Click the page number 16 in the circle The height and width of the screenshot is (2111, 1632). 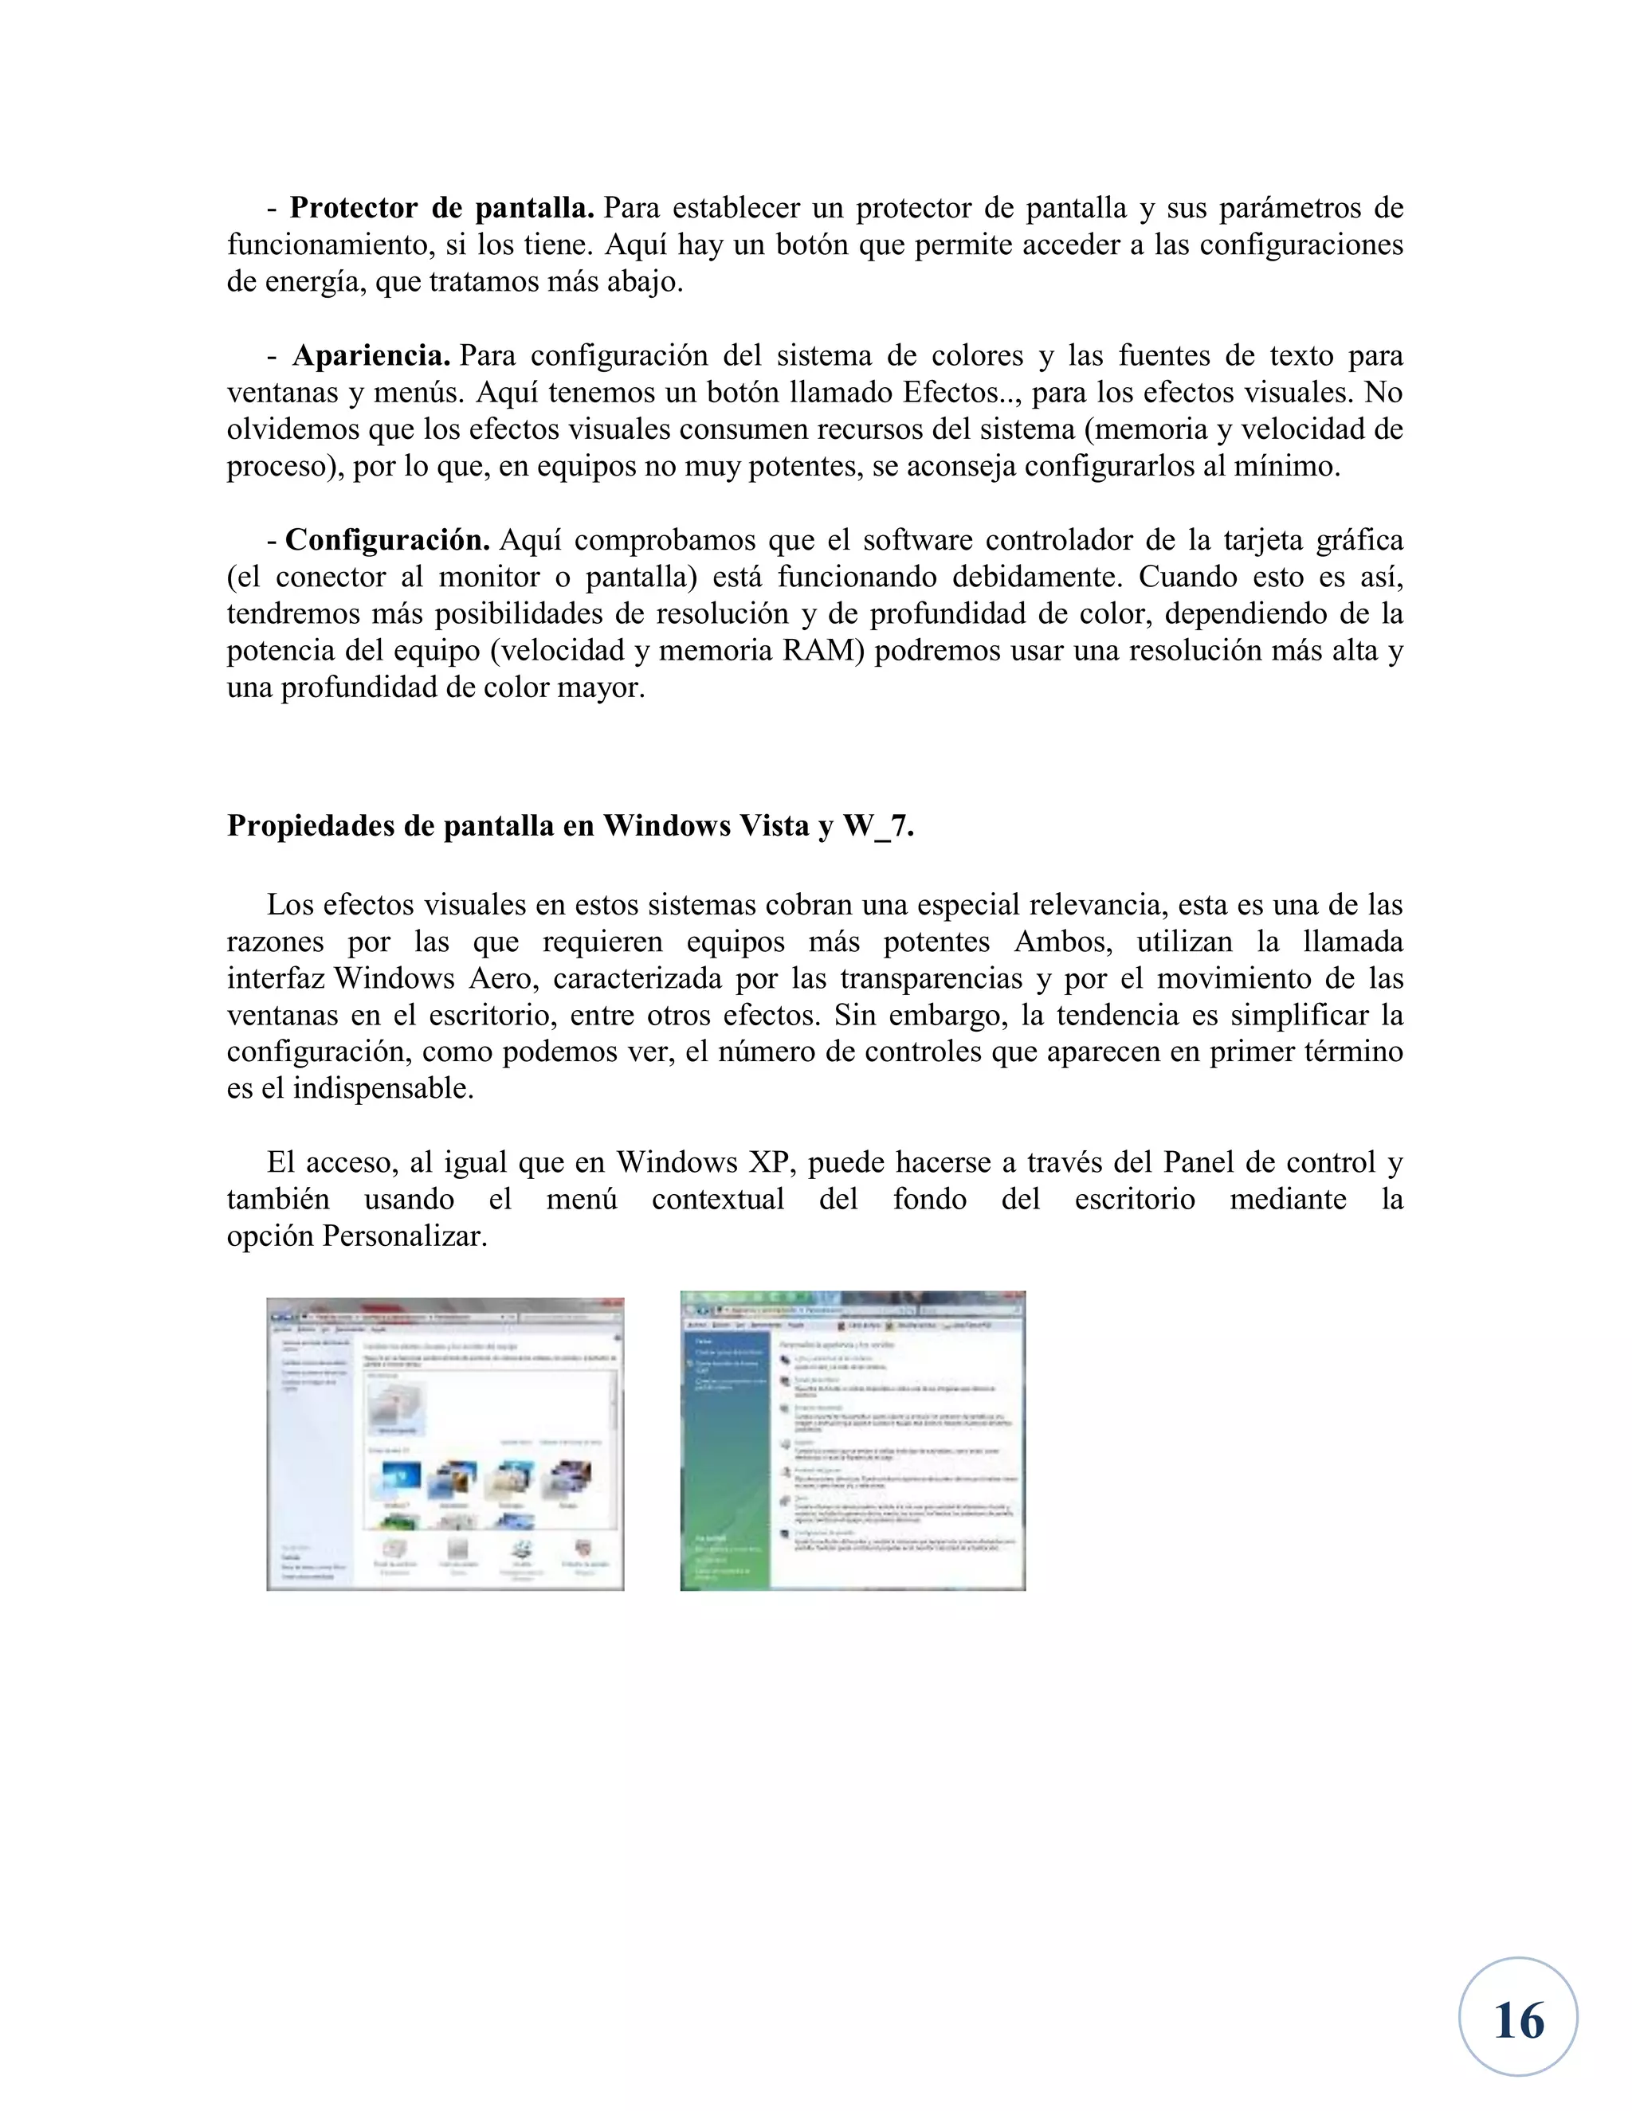pyautogui.click(x=1518, y=2021)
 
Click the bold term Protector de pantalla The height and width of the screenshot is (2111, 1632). pyautogui.click(x=441, y=208)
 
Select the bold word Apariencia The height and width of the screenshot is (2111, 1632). pyautogui.click(x=371, y=356)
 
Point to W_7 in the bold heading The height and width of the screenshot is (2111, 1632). pyautogui.click(x=877, y=826)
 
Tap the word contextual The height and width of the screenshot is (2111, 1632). pyautogui.click(x=717, y=1200)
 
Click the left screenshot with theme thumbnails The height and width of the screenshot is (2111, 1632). pyautogui.click(x=445, y=1443)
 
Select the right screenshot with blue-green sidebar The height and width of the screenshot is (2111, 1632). pyautogui.click(x=852, y=1440)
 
